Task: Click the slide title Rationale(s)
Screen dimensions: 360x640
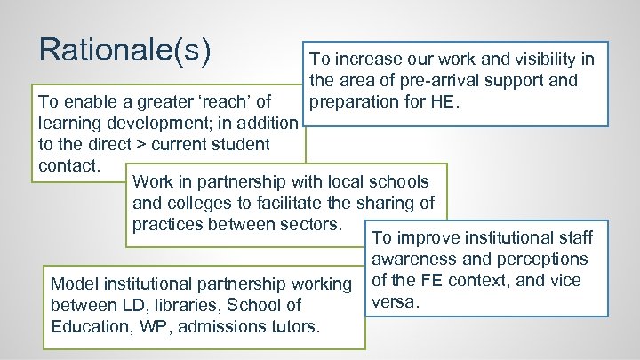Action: (125, 51)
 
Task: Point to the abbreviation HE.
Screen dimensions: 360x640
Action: (444, 101)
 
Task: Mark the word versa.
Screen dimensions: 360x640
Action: (394, 302)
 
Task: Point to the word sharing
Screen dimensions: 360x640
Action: (383, 204)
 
